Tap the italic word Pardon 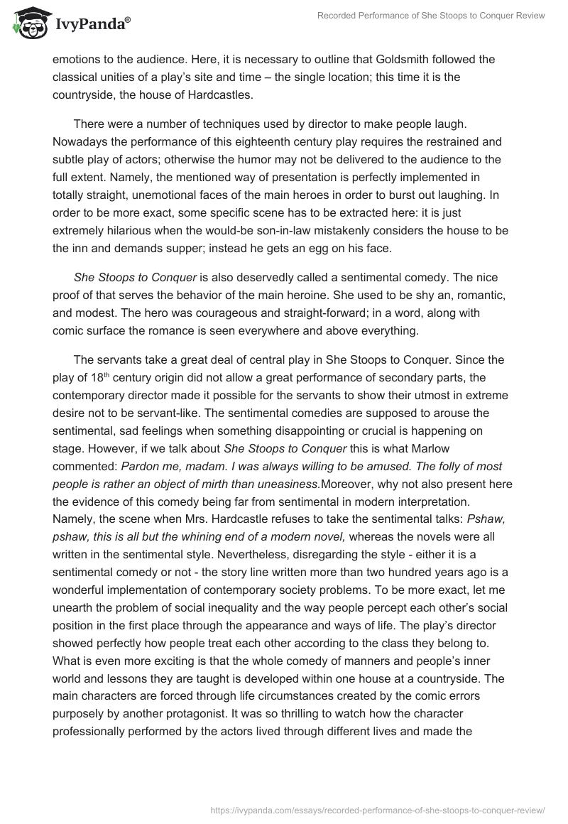pos(141,467)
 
